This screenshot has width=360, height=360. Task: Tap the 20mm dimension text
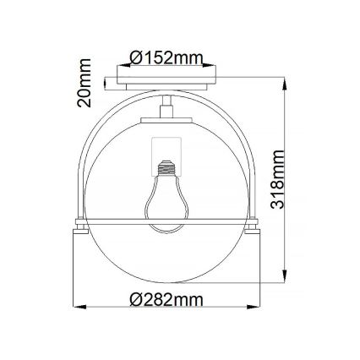pyautogui.click(x=84, y=83)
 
